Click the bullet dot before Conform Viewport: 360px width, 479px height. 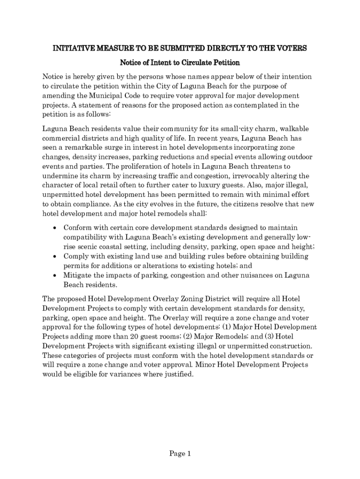click(55, 228)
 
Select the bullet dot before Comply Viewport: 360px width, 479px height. click(55, 257)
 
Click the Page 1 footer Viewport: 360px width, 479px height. click(180, 453)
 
